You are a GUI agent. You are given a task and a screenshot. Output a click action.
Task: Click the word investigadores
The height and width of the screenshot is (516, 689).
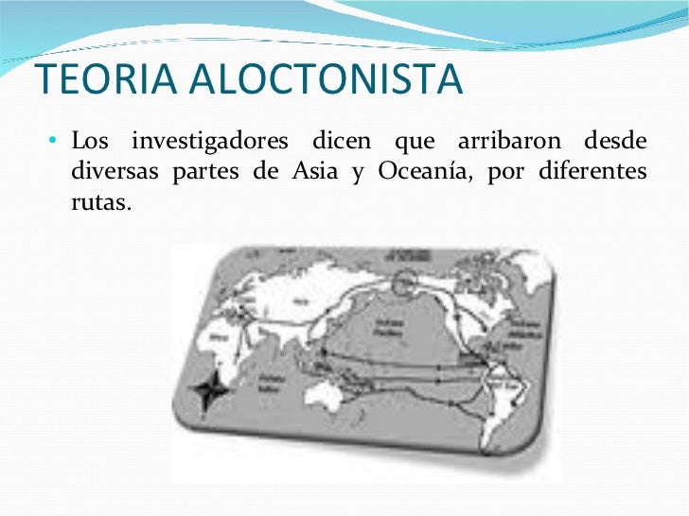tap(210, 143)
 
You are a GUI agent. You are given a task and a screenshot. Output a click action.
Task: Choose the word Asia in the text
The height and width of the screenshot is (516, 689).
tap(309, 173)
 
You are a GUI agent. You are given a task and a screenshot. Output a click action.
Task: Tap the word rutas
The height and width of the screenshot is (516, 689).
tap(98, 203)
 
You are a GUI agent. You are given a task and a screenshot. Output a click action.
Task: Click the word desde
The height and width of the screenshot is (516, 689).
tap(616, 143)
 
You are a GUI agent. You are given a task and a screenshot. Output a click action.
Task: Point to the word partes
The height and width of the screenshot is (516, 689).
tap(207, 173)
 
